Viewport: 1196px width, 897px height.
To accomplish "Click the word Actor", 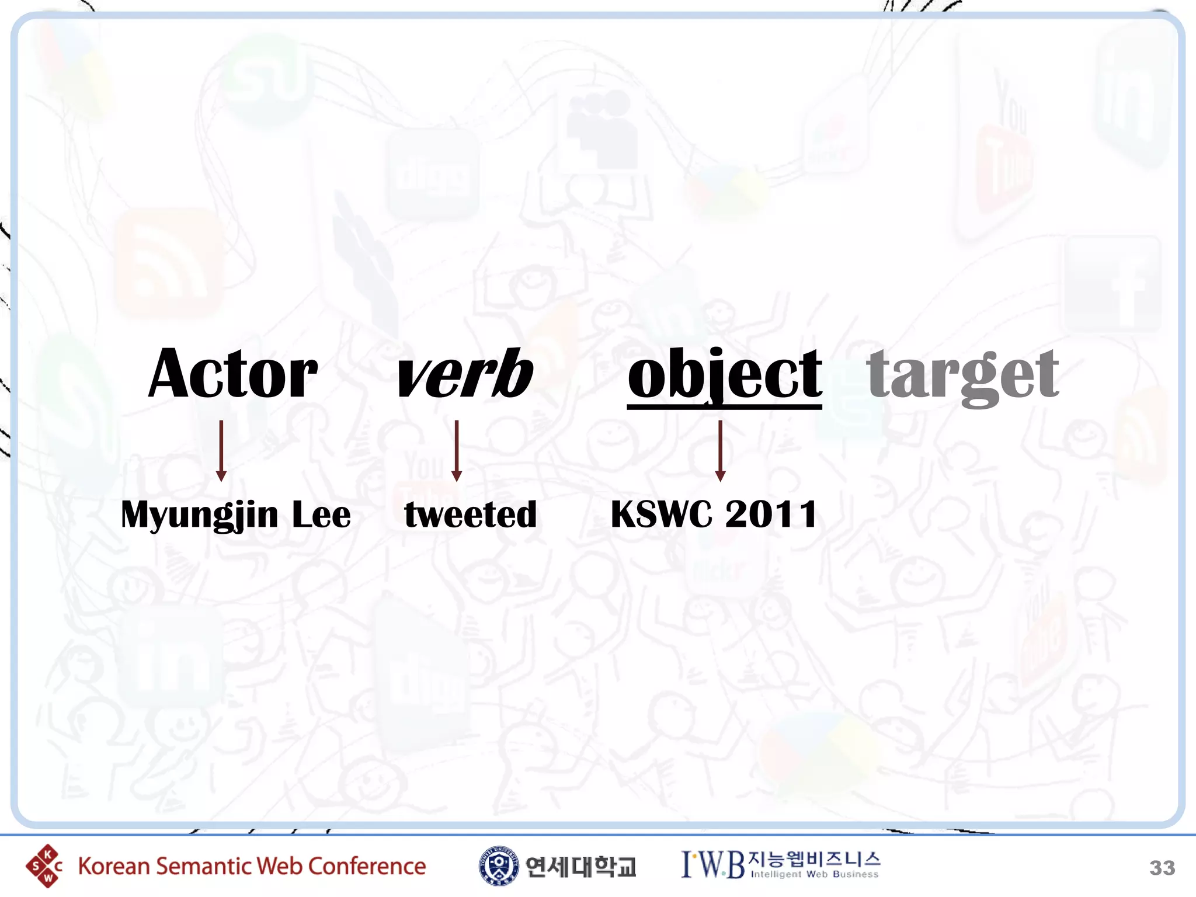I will (x=233, y=374).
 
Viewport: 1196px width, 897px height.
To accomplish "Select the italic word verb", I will (x=464, y=374).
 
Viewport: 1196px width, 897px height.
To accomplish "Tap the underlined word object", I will (x=725, y=374).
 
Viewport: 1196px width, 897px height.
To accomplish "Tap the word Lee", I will (x=321, y=515).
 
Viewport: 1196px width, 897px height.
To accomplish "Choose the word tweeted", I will (x=471, y=515).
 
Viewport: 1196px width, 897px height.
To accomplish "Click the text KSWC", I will (x=661, y=515).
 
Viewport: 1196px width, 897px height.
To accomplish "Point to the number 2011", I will (x=771, y=515).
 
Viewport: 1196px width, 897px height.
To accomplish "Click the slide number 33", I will (x=1162, y=868).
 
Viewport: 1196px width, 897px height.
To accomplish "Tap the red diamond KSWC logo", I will (x=43, y=866).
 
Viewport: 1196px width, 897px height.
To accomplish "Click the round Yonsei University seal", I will (x=498, y=866).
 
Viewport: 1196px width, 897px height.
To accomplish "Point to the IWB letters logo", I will (x=713, y=865).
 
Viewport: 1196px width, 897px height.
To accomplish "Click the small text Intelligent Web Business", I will (x=814, y=875).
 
